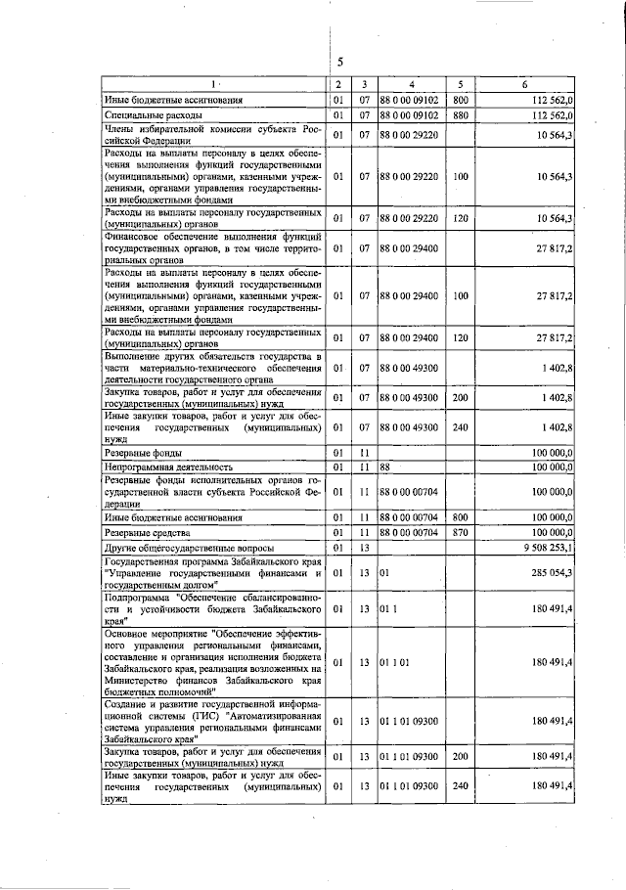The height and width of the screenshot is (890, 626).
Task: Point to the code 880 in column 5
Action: (x=461, y=115)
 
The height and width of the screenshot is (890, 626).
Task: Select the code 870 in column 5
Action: (x=461, y=532)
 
